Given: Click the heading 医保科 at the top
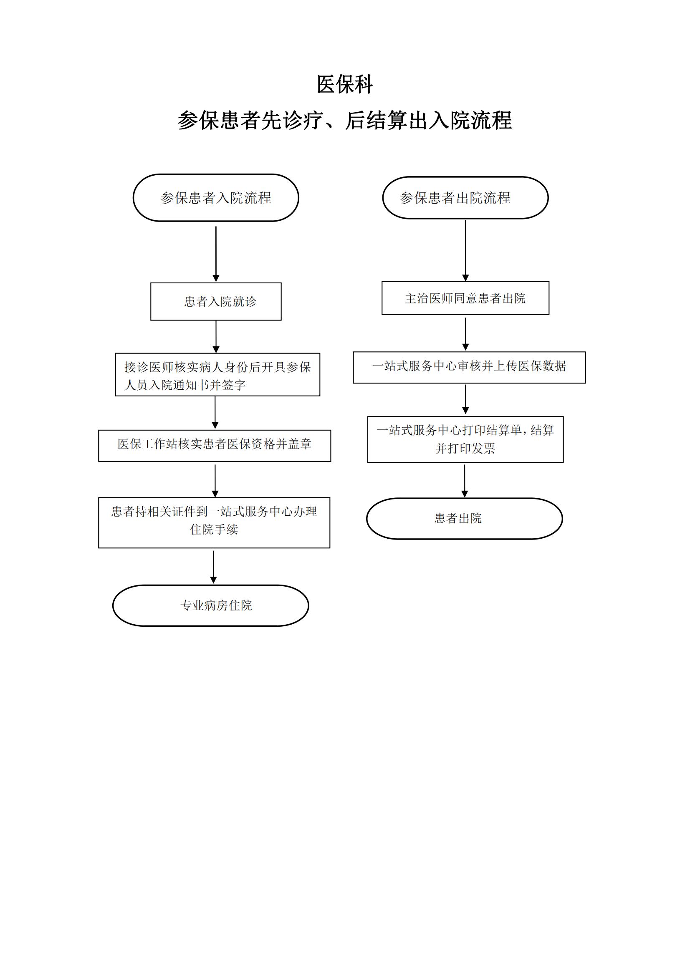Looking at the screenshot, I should click(344, 84).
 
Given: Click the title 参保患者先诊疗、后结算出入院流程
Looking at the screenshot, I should click(344, 120).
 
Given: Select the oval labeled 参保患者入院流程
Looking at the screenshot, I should click(215, 198).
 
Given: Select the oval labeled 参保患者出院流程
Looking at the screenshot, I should click(465, 198).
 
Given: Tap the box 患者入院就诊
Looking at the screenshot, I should click(215, 301).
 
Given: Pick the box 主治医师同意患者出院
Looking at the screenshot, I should click(465, 298).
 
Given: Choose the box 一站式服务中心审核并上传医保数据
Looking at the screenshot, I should click(469, 367).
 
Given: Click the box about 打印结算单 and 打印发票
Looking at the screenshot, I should click(465, 439).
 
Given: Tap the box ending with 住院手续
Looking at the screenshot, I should click(214, 522).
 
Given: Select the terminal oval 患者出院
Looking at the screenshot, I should click(464, 518).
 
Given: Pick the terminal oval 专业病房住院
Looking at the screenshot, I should click(210, 605).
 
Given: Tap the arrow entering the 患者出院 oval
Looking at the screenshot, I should click(465, 480).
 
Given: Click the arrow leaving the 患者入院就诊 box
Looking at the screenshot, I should click(216, 337).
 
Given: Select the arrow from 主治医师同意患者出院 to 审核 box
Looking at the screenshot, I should click(465, 334).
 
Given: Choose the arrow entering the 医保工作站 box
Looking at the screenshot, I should click(215, 412).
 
